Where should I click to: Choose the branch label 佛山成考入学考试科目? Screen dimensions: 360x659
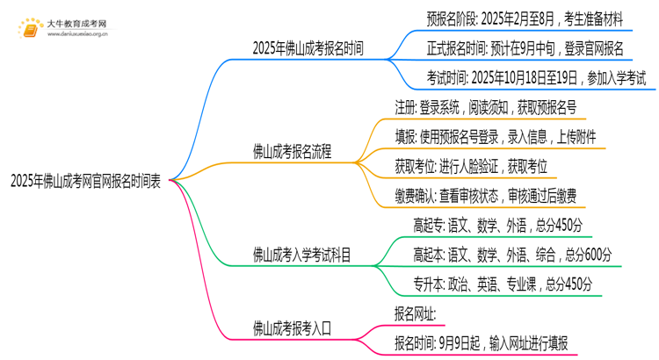(302, 256)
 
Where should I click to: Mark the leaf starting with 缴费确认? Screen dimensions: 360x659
(486, 194)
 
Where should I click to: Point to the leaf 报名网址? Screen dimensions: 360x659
(416, 313)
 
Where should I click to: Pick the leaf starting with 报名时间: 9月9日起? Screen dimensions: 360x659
(482, 342)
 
